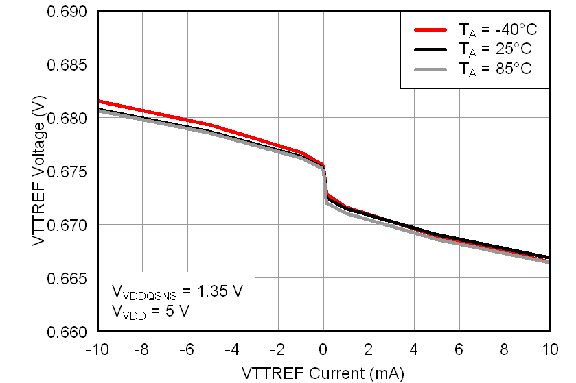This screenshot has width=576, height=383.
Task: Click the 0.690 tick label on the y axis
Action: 67,12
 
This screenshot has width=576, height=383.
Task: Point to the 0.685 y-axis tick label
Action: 67,65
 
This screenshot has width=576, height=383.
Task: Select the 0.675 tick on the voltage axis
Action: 67,171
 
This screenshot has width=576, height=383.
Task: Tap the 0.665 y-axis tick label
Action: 67,278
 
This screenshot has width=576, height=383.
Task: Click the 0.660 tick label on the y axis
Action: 67,332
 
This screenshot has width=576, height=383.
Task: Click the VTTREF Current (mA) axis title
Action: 323,373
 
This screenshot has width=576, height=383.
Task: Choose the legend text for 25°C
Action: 495,49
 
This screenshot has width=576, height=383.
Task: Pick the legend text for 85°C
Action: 495,69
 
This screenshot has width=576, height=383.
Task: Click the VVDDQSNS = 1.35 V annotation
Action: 177,292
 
